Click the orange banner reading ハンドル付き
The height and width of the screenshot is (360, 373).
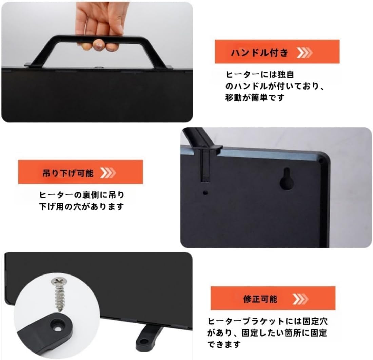coord(277,52)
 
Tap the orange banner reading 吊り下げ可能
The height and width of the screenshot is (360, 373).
coord(80,172)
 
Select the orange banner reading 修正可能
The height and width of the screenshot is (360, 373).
coord(273,298)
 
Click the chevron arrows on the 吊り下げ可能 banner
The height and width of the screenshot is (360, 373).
coord(108,173)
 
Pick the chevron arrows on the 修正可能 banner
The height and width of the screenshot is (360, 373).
coord(300,299)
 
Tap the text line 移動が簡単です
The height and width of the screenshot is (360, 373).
coord(255,98)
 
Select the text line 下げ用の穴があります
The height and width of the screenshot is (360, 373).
coord(81,206)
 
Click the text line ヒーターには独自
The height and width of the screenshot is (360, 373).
coord(260,75)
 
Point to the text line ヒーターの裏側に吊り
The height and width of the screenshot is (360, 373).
coord(82,195)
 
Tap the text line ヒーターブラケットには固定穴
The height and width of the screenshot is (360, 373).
coord(268,321)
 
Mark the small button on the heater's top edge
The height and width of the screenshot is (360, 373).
coord(98,68)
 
